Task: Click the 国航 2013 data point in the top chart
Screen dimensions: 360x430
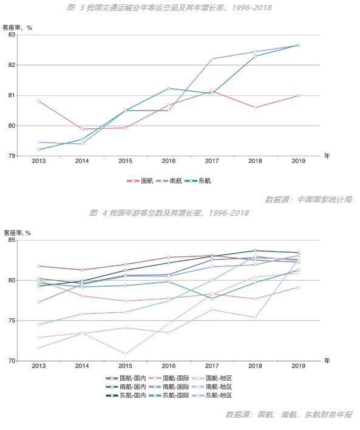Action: pos(39,101)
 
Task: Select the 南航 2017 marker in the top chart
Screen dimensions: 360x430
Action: pos(212,59)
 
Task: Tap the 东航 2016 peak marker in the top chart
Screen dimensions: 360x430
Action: pos(169,88)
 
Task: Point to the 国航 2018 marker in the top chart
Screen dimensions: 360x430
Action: pos(255,107)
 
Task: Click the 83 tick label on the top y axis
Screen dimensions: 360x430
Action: pos(12,35)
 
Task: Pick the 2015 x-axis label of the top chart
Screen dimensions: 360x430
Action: pos(125,161)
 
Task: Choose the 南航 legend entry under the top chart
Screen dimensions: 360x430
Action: pos(169,181)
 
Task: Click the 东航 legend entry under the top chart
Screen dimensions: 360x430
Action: pos(198,181)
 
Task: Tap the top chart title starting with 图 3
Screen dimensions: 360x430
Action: pos(169,8)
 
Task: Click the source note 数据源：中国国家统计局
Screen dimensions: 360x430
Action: pos(308,199)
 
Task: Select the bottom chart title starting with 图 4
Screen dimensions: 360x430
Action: pos(169,213)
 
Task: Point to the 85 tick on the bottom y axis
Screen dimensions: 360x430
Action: pos(12,240)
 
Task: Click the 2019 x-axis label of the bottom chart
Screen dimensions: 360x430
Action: pos(299,366)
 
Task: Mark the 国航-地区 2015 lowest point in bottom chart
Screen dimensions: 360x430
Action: pos(125,354)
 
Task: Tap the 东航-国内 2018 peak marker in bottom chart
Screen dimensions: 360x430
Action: pos(255,251)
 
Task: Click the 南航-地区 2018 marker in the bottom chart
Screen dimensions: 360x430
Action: pos(255,317)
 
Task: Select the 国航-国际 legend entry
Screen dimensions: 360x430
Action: pos(169,378)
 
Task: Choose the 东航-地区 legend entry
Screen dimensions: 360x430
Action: pos(212,395)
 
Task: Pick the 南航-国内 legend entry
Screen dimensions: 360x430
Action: pos(126,387)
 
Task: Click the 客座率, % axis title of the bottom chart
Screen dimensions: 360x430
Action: pos(17,233)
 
